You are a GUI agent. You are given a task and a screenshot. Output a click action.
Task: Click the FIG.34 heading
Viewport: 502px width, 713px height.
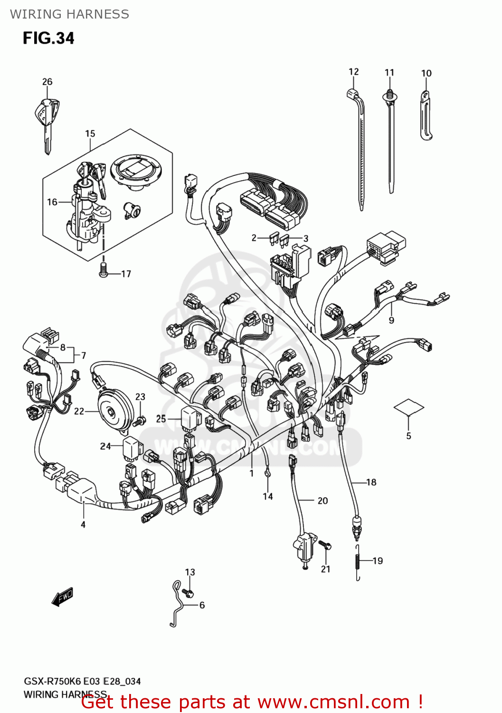click(48, 38)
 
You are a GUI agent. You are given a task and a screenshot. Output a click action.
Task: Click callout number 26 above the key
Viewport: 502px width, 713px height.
click(47, 82)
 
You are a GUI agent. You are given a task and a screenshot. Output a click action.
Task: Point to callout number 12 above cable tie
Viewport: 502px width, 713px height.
click(353, 72)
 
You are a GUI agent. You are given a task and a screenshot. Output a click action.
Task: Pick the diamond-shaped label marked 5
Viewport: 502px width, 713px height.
click(408, 407)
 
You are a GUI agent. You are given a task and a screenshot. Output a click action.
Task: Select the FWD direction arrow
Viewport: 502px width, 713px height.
click(62, 597)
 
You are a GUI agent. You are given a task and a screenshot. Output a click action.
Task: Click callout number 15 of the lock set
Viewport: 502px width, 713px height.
click(90, 134)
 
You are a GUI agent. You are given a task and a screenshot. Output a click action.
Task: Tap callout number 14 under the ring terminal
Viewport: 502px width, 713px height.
click(268, 496)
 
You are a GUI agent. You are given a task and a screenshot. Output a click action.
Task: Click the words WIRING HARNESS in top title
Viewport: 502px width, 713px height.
click(69, 14)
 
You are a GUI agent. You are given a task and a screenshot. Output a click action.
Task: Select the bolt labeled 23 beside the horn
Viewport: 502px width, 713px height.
click(140, 420)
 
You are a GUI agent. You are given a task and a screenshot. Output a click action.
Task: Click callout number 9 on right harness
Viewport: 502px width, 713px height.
click(391, 320)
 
